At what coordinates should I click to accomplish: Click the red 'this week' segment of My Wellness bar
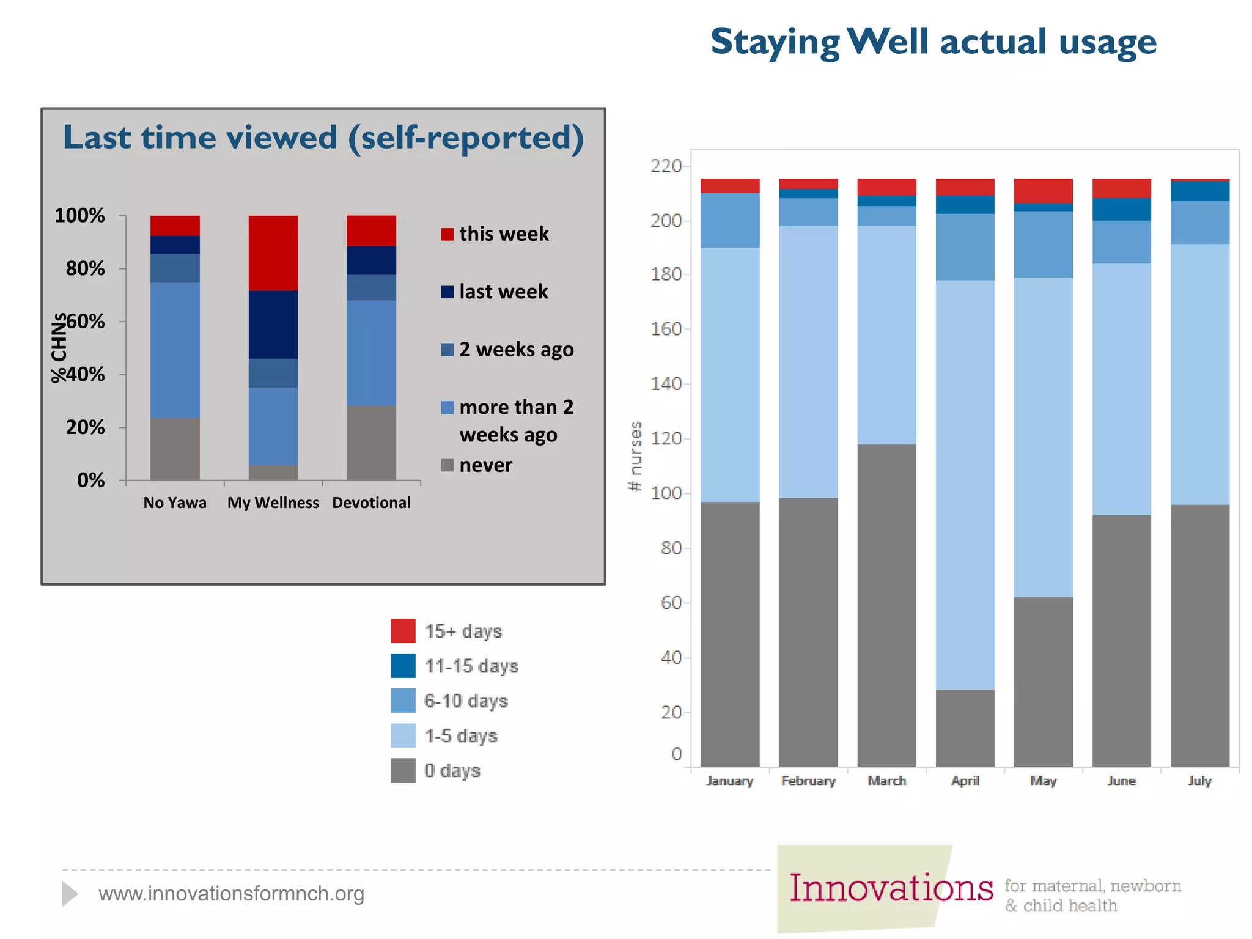pos(273,252)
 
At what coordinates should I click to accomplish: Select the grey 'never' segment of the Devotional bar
pos(371,443)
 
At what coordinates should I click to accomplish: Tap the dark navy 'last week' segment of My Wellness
pos(273,324)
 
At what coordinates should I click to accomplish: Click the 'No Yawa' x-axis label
pos(175,503)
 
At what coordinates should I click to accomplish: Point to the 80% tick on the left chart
pos(86,268)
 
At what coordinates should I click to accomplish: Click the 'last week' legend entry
pos(495,292)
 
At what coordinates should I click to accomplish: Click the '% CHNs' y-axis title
pos(59,348)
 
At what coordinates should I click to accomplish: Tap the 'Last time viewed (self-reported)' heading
pos(323,137)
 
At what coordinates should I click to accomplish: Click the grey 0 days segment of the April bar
pos(965,727)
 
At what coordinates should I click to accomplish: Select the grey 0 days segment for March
pos(886,605)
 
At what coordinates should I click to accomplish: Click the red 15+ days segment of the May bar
pos(1043,190)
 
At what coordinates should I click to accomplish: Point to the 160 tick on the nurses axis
pos(666,329)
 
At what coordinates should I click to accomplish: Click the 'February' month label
pos(808,781)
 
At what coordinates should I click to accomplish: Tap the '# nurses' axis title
pos(636,456)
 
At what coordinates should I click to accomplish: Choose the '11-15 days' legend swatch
pos(403,666)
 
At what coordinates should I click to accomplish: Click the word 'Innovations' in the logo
pos(891,888)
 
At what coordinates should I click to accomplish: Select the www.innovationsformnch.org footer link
pos(231,894)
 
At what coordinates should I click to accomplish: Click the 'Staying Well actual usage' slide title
pos(933,42)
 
